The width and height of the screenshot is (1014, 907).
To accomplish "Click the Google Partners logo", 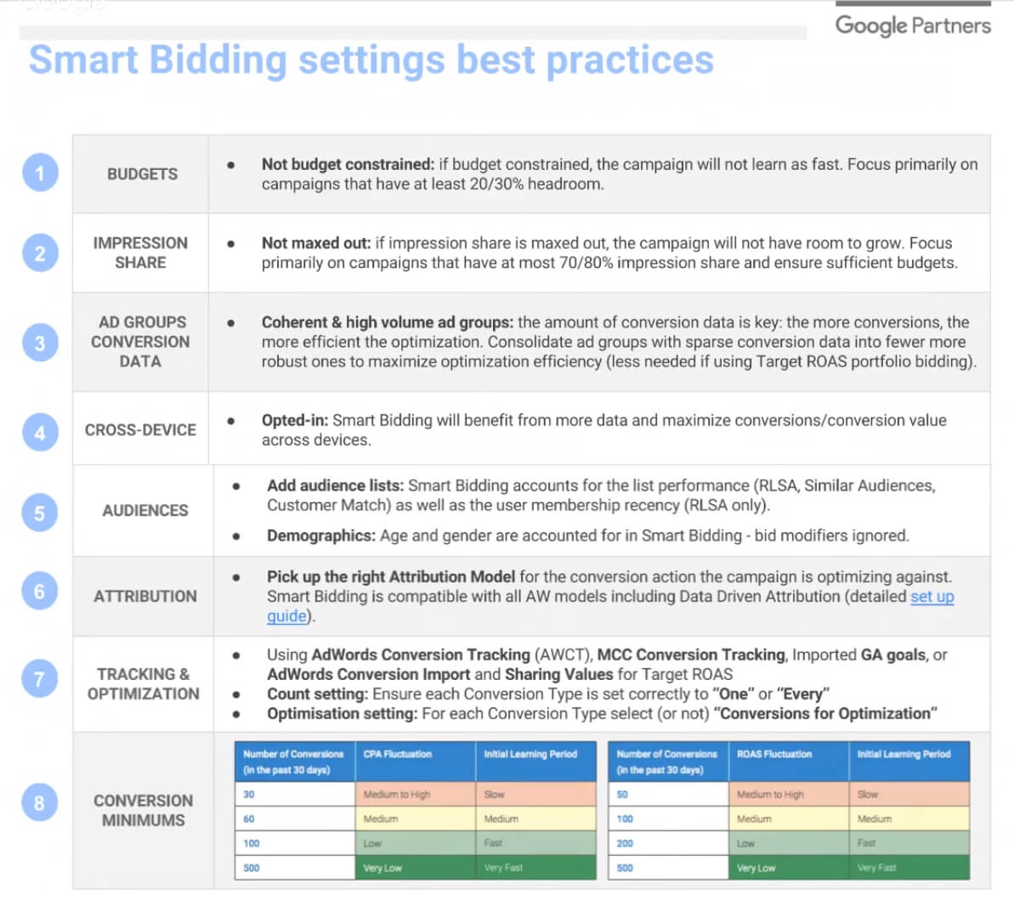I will pos(912,26).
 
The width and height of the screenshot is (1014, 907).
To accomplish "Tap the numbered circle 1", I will pos(40,173).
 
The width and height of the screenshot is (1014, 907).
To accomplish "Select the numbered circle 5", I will pos(40,513).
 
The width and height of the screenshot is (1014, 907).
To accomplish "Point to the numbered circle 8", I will pos(40,802).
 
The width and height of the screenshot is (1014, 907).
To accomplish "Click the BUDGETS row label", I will pos(142,174).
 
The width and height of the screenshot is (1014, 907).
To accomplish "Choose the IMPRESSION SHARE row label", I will pos(140,252).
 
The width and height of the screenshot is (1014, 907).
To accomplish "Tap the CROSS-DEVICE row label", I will pos(140,430).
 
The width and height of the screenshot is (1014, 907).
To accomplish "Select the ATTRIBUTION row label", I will pos(144,596).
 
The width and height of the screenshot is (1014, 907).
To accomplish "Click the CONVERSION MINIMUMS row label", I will pos(143,810).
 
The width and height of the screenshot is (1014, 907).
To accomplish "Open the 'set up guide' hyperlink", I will pos(932,597).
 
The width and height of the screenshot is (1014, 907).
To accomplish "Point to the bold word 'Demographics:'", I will pos(320,536).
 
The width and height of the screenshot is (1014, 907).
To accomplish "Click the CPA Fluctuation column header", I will pos(398,754).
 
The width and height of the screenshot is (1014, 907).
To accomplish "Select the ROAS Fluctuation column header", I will pos(773,754).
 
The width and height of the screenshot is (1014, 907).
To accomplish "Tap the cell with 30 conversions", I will pos(249,794).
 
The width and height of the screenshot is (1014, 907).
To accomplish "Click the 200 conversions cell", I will pos(625,843).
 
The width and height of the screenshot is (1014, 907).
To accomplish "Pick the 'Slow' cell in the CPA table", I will pos(494,794).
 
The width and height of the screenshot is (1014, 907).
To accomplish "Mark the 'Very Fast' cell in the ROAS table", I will pos(876,868).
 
